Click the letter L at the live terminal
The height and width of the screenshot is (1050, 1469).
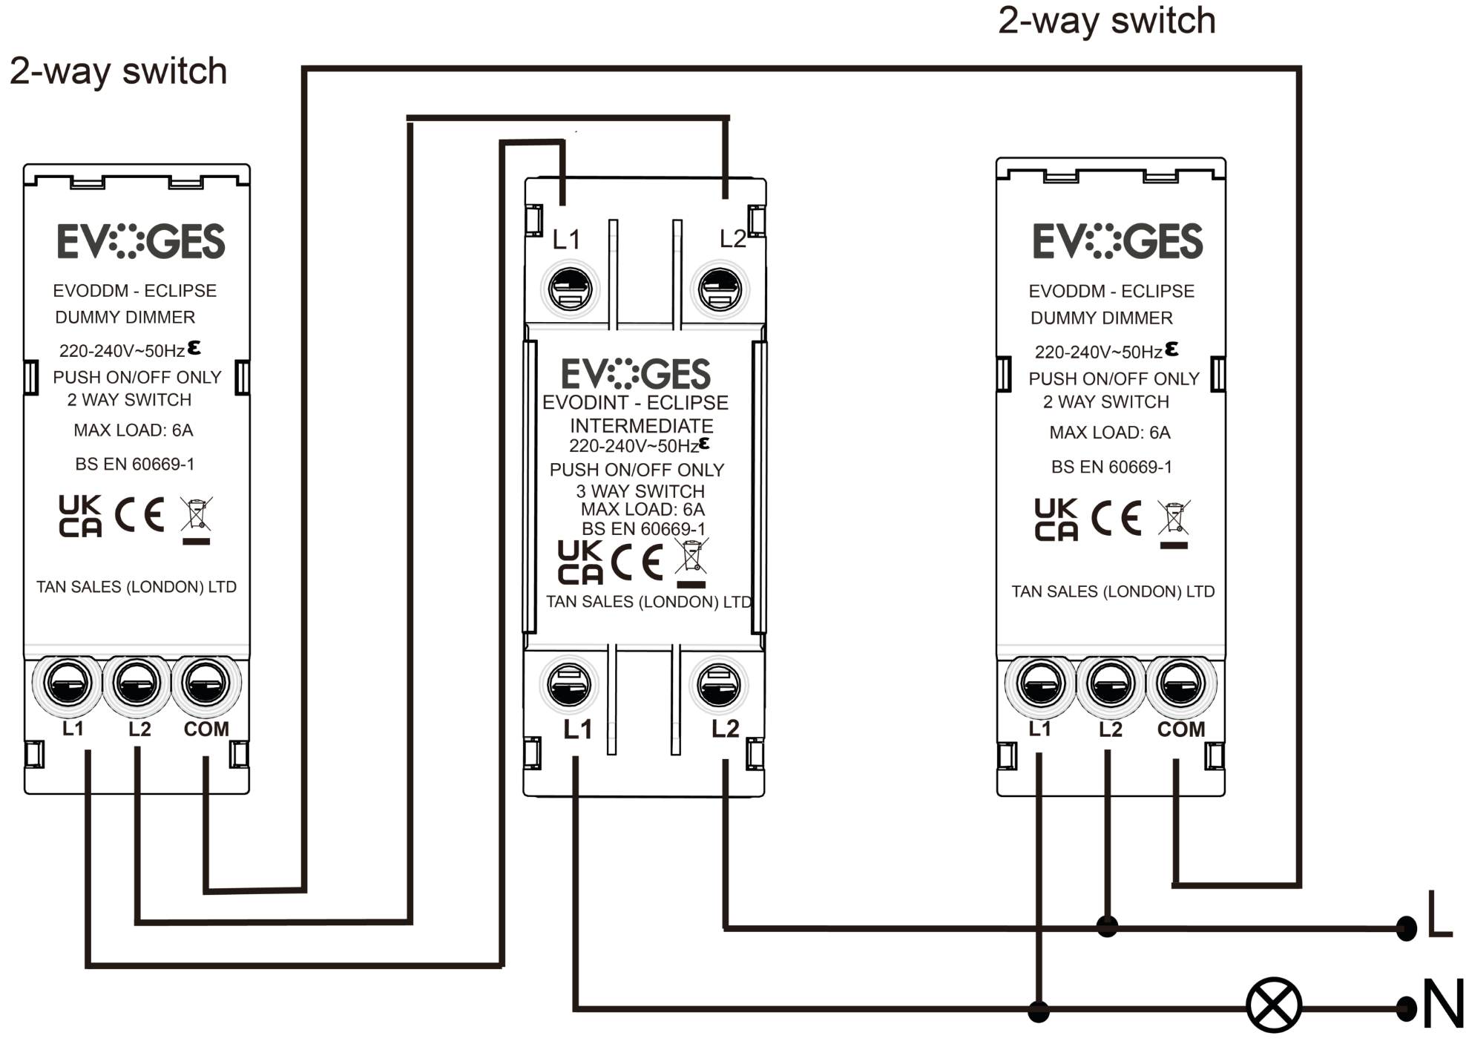(1439, 915)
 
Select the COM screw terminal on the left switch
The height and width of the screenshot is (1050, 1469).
(206, 682)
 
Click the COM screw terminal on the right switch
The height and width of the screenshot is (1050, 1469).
(1180, 683)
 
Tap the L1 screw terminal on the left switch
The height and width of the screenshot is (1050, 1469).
(68, 682)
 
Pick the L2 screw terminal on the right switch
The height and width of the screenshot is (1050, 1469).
(1110, 683)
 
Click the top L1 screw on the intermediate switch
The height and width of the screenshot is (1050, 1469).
(570, 289)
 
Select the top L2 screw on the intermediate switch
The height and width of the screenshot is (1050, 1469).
(719, 289)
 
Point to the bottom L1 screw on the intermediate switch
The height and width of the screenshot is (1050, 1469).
(569, 684)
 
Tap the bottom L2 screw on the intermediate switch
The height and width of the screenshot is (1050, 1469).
(718, 684)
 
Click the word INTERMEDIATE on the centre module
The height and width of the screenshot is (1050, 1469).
(641, 426)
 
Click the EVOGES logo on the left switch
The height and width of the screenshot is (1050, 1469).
(141, 241)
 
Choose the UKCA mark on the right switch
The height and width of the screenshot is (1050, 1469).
(1056, 519)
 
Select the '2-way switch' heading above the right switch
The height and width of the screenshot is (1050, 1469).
(1106, 21)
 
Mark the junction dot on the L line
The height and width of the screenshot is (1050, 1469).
(1107, 926)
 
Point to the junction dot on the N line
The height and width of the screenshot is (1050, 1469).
(1039, 1010)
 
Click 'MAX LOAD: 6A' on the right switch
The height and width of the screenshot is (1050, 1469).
(1109, 433)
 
